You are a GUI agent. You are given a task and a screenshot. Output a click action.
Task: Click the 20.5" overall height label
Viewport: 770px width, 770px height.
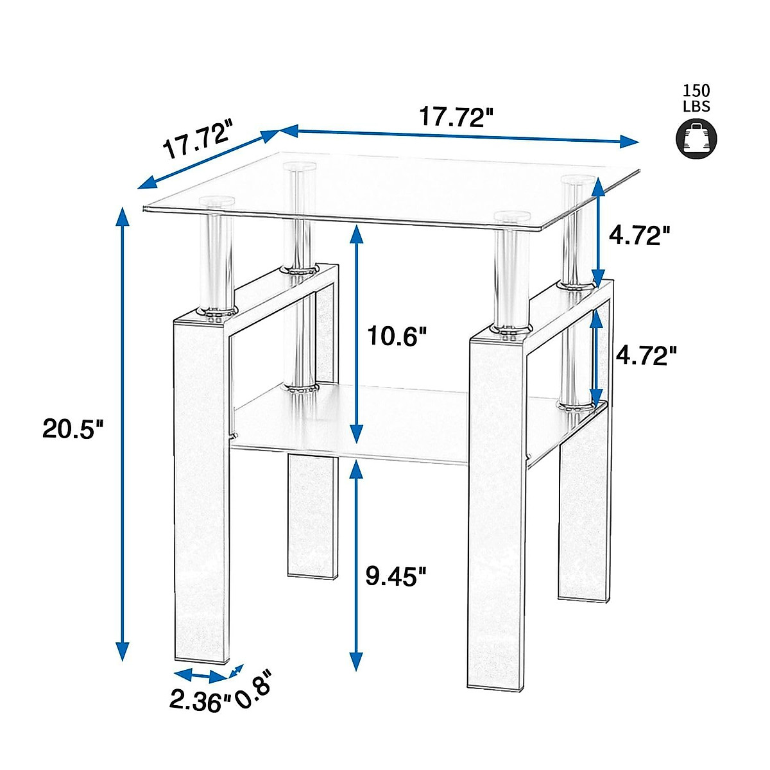tap(73, 428)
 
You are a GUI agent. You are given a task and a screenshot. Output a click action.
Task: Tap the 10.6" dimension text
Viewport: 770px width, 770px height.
tap(396, 335)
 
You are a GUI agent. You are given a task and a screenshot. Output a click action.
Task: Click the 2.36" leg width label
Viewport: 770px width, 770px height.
tap(200, 699)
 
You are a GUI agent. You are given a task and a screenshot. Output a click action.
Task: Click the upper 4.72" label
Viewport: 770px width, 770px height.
tap(639, 235)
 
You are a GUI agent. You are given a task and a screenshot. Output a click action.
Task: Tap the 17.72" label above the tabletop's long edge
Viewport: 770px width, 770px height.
tap(456, 117)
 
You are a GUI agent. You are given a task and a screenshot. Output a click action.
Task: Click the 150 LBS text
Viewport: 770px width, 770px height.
tap(697, 98)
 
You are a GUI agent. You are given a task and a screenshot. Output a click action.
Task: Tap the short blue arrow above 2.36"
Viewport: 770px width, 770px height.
tap(200, 675)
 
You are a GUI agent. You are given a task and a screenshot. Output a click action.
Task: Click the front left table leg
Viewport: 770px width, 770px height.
tap(201, 488)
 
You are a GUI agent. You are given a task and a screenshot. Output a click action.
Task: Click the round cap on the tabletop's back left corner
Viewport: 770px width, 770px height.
tap(299, 167)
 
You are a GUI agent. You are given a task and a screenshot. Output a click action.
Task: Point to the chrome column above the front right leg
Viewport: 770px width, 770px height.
tap(511, 276)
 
